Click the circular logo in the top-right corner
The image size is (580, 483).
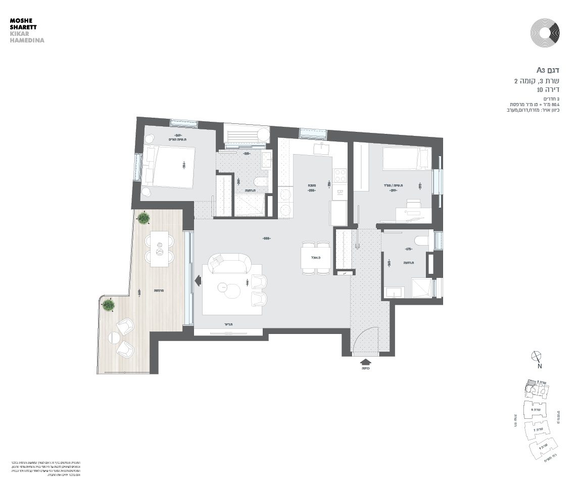pos(545,32)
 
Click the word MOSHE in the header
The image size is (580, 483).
pos(20,21)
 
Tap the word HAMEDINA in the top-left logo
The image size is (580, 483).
pos(27,40)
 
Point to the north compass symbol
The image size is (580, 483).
pos(537,357)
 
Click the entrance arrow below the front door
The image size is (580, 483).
pos(365,361)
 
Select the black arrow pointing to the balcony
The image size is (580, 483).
pos(198,279)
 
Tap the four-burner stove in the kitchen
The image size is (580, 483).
pos(340,175)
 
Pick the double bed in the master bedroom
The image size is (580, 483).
pos(170,166)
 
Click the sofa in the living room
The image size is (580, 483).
pos(230,263)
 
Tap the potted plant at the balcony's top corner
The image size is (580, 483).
pos(143,219)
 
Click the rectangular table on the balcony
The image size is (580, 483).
pos(160,249)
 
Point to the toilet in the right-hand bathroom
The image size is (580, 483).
pos(420,242)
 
